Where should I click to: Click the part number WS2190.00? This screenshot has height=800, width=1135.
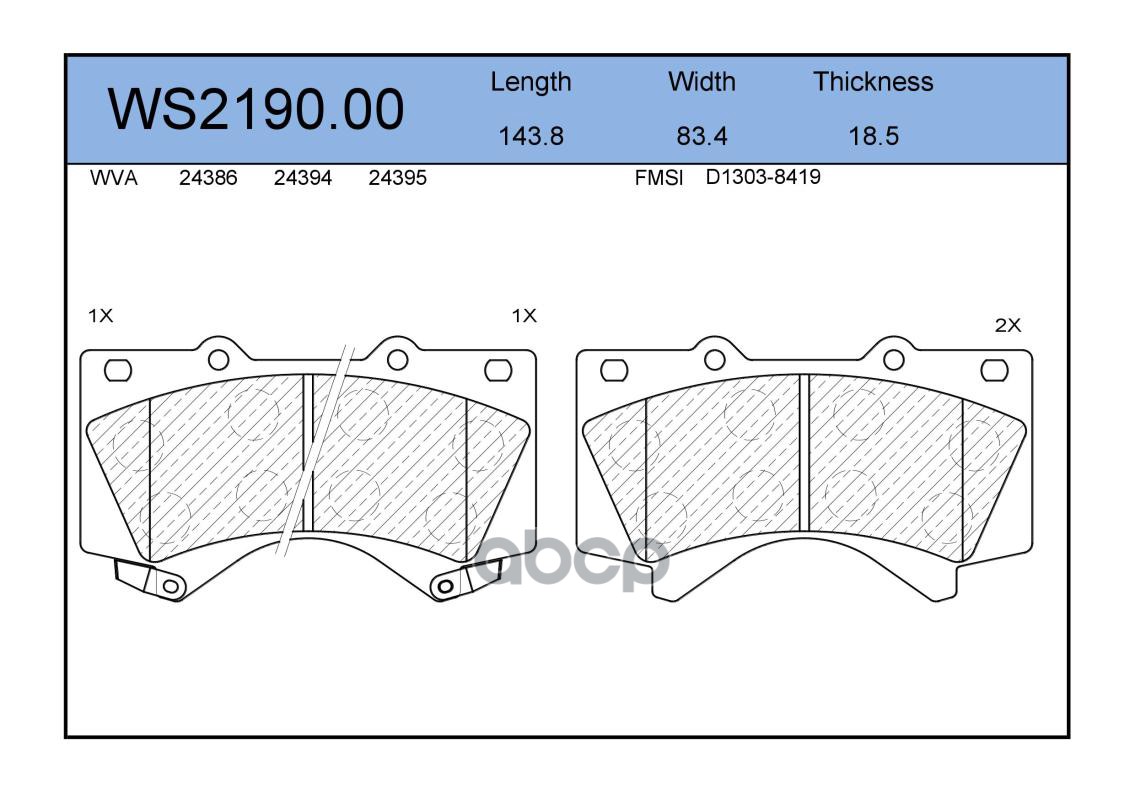[256, 109]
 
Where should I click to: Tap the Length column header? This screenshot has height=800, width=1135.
[531, 83]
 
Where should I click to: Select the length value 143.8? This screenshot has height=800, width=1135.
[531, 136]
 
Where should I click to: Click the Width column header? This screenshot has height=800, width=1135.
[701, 81]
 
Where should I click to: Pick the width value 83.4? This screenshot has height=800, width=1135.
[701, 136]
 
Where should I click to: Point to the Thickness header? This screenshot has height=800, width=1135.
[873, 81]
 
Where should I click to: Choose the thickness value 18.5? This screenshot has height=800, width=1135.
[874, 136]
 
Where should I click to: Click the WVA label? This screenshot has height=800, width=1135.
[114, 178]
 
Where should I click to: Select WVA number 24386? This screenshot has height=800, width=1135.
[208, 178]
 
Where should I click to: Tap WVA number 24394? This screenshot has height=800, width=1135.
[303, 178]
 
